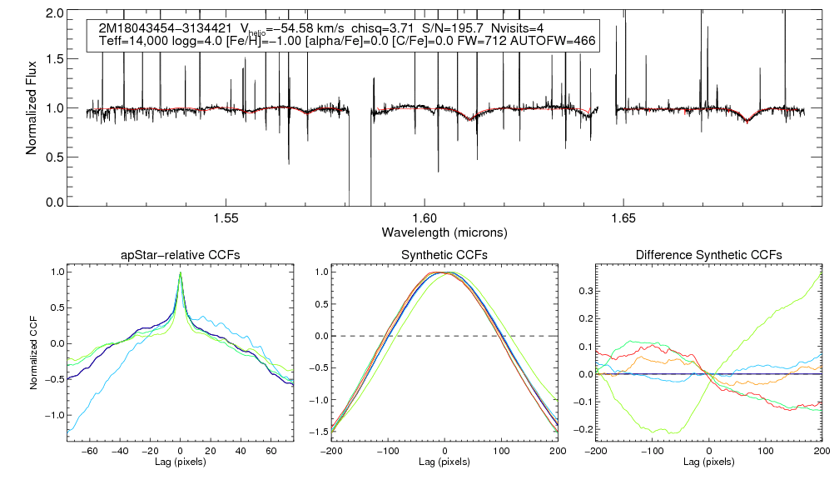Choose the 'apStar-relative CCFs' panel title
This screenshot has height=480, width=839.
[x=181, y=254]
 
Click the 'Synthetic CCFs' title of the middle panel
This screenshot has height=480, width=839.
[x=445, y=254]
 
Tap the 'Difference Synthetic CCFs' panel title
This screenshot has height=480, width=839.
[x=708, y=254]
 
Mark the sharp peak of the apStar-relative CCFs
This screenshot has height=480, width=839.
[x=181, y=273]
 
